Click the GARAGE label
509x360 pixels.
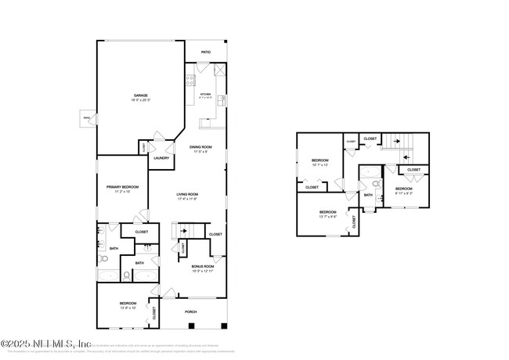tap(140, 96)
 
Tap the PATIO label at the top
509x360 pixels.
tap(206, 52)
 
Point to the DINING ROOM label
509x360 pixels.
tap(200, 147)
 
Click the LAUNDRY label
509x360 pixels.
tap(162, 158)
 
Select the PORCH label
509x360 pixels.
tap(190, 311)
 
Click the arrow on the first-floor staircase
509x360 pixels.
tap(183, 232)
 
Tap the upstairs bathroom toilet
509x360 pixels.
tap(377, 185)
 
